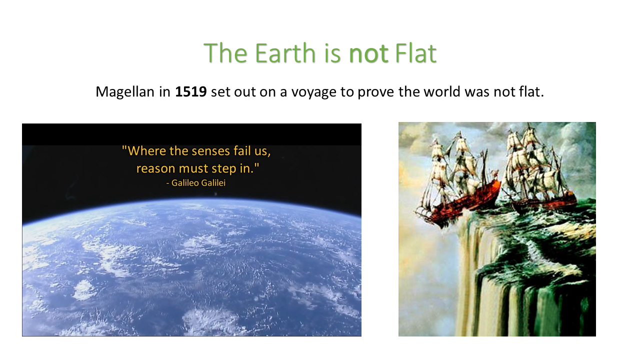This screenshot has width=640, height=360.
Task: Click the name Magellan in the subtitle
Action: pos(125,92)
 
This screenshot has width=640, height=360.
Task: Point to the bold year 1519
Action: pos(190,92)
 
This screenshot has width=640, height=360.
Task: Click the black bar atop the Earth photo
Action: pos(191,134)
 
